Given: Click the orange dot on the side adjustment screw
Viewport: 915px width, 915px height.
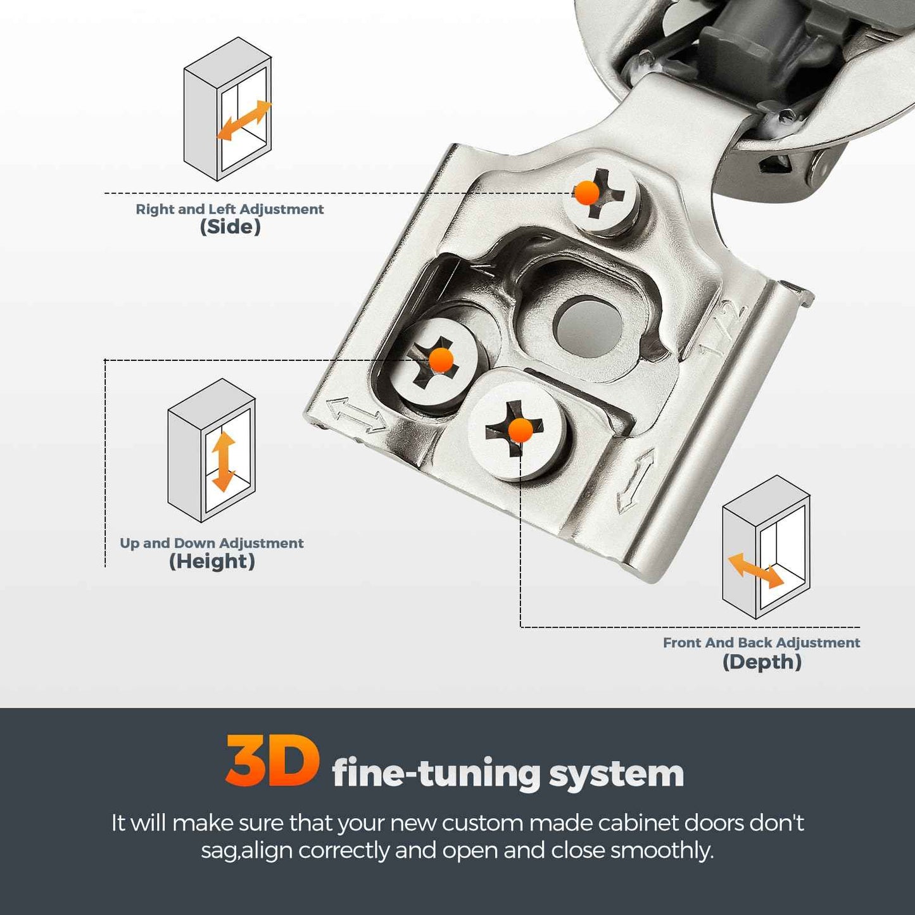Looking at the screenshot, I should tap(586, 192).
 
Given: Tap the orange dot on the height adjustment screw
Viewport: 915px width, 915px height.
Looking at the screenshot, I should tap(441, 360).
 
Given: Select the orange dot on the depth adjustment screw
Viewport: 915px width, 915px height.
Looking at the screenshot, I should tap(521, 430).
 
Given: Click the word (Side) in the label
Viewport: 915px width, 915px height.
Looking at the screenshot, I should tap(230, 227).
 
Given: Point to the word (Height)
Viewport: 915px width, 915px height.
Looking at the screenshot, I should tap(211, 561).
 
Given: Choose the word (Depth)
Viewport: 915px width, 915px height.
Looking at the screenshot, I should tap(762, 662).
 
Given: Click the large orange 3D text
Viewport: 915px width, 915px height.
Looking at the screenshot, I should tap(272, 761).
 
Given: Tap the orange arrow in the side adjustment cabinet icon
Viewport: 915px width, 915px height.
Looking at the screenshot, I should tap(244, 120).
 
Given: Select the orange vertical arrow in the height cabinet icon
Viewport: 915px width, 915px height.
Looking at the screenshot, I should tap(224, 461).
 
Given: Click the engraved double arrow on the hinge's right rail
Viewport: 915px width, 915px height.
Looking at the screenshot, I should tap(635, 479).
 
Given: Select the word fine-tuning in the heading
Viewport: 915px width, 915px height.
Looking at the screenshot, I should tap(436, 774).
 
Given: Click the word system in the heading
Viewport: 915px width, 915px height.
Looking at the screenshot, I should tap(616, 774).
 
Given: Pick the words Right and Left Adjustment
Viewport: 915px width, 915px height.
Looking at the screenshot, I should tap(229, 209).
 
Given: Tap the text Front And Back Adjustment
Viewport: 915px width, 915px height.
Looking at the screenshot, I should tap(761, 643).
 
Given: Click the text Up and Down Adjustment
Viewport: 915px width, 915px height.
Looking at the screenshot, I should tap(211, 543).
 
